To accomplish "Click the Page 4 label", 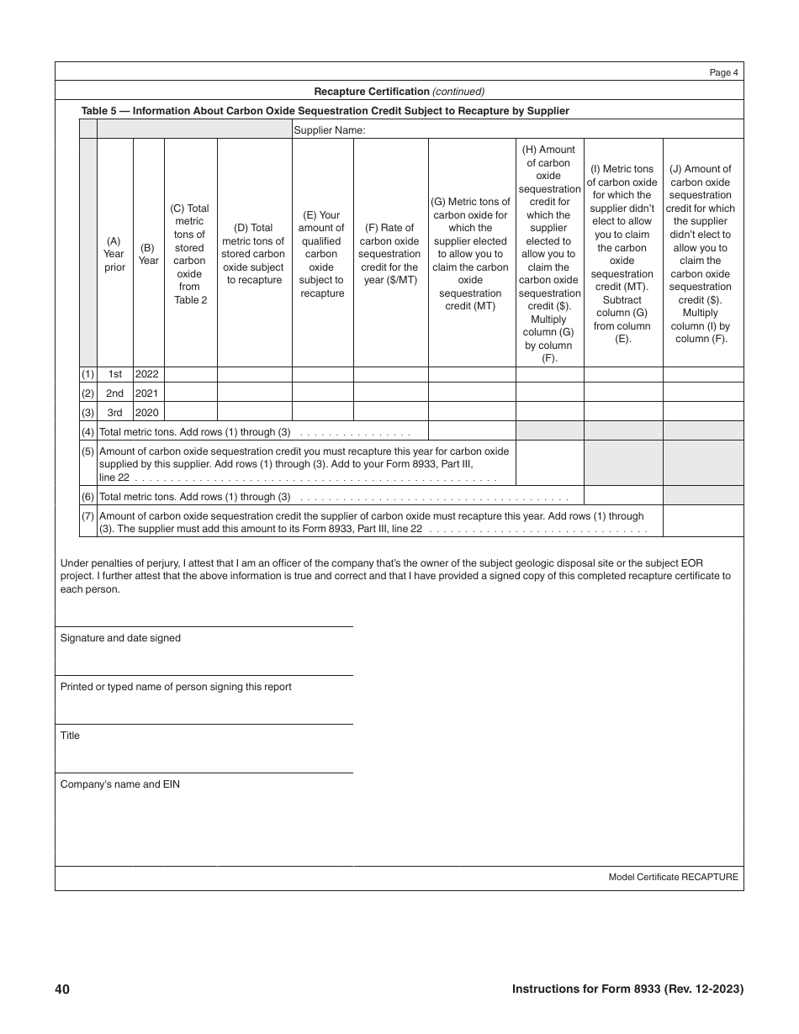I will tap(723, 72).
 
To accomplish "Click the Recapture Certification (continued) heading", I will tap(399, 92).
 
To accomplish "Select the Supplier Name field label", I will tap(329, 130).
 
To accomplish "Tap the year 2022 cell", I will tap(148, 374).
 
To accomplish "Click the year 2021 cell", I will tap(148, 393).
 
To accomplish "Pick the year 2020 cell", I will tap(148, 412).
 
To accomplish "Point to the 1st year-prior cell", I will tap(114, 374).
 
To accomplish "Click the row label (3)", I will tap(87, 412).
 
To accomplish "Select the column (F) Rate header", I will tap(390, 254).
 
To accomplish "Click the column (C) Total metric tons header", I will tap(190, 254).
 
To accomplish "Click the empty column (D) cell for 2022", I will tap(254, 374).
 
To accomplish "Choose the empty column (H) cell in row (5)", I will tap(549, 463).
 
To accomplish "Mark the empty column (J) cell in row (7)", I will tap(703, 521).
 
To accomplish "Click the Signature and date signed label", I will tap(120, 638).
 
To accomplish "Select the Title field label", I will tap(70, 736).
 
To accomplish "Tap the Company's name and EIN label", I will tap(119, 784).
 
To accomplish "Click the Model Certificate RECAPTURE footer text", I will tap(673, 877).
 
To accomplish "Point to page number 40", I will tap(62, 989).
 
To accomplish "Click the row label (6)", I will tap(87, 496).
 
